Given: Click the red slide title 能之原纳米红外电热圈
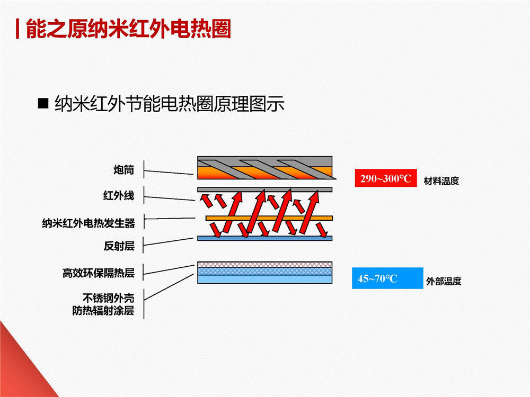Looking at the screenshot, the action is pos(128,29).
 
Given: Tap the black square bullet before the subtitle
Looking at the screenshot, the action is pos(43,103).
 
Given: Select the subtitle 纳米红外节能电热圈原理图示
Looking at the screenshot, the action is pos(170,103).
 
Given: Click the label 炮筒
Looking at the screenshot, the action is pos(123,169).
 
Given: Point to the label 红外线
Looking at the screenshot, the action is pos(119,195).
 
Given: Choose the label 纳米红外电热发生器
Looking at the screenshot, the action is pos(89,223).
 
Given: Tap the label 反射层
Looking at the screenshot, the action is pos(119,246).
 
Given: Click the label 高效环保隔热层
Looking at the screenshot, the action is pos(99,273).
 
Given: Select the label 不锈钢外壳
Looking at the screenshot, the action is pos(109,297).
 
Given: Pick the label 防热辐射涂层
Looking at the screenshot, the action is pos(103,310).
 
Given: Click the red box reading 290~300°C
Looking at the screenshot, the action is pos(386,178).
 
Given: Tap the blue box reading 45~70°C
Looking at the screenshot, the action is pos(387,278).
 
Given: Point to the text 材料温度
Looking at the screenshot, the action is pos(441,181).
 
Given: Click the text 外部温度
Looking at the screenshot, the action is pos(444,281).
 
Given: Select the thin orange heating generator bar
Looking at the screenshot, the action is pos(269,219).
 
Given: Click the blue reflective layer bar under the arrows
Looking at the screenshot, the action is pos(264,238).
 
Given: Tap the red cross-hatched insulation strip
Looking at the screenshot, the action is pos(264,264).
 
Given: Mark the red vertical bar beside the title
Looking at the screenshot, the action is pos(17,29).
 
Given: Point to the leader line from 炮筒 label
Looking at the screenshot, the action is pos(169,173).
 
